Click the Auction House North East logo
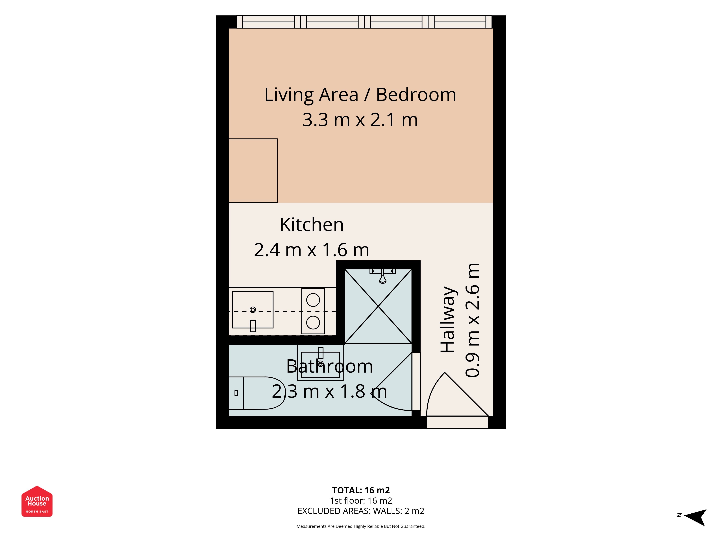point(37,501)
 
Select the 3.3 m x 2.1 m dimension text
point(360,120)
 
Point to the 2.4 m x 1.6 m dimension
point(312,250)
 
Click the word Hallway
point(448,320)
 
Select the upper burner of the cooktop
point(313,300)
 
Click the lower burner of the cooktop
point(313,322)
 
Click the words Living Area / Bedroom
point(360,95)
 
